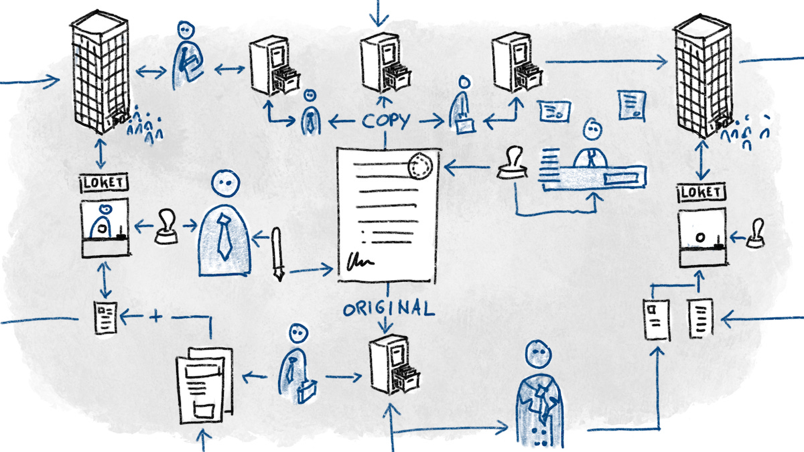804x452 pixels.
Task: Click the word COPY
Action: pyautogui.click(x=387, y=121)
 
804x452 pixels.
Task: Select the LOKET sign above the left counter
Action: pyautogui.click(x=104, y=181)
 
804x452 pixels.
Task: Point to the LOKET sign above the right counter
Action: pyautogui.click(x=701, y=193)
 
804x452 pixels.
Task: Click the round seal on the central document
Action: pyautogui.click(x=420, y=165)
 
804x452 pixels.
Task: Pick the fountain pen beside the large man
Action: pyautogui.click(x=277, y=254)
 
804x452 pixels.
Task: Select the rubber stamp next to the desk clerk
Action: pyautogui.click(x=514, y=164)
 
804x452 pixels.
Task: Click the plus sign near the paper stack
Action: pyautogui.click(x=156, y=317)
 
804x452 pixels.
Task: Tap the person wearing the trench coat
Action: pyautogui.click(x=539, y=395)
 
